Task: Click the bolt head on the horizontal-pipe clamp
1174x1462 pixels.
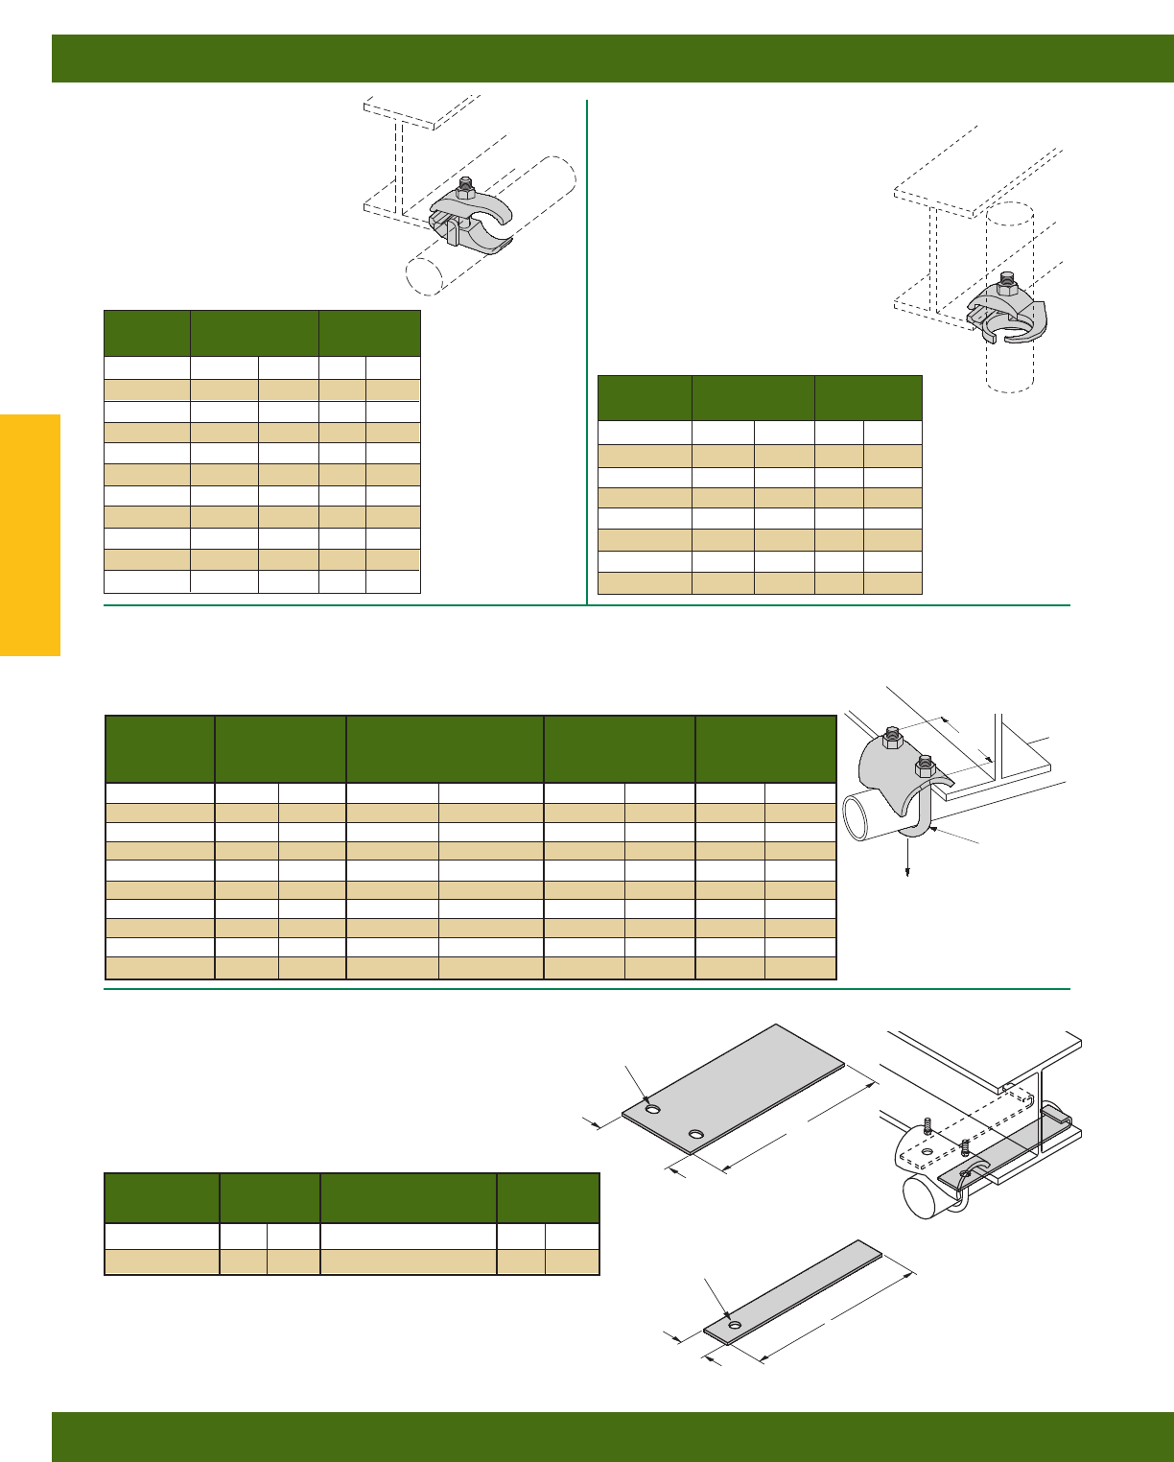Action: click(466, 183)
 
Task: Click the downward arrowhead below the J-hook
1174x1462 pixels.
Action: click(907, 872)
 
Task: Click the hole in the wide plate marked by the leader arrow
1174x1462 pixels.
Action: click(653, 1110)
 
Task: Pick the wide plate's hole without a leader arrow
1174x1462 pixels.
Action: click(696, 1135)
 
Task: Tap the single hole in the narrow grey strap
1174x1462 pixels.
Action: click(735, 1326)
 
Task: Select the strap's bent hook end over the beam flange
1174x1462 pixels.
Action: click(1056, 1115)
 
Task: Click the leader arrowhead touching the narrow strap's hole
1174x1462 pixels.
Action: click(730, 1318)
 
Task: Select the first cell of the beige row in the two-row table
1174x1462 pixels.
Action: click(161, 1262)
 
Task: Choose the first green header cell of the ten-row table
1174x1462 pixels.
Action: click(159, 749)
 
